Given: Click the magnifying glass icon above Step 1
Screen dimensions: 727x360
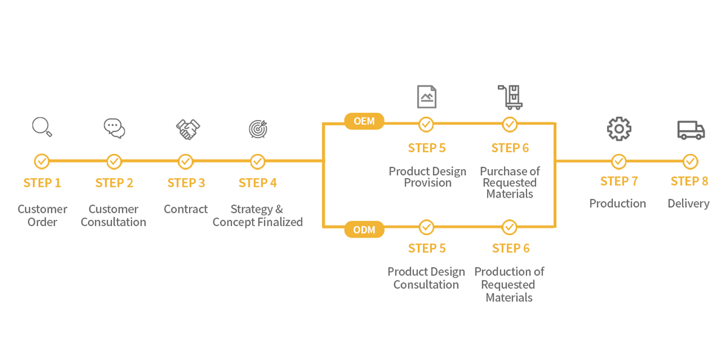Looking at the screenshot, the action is (x=42, y=127).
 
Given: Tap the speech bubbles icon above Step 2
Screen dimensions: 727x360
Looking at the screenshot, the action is (x=115, y=128).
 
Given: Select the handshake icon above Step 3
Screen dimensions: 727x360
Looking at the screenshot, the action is (x=188, y=129).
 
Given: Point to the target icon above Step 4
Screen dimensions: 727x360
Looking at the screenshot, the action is (x=258, y=129).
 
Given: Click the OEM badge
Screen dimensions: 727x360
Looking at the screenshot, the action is (x=364, y=121).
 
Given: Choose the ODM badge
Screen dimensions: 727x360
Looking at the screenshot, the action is (x=364, y=230).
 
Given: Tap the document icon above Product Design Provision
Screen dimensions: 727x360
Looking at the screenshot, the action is (x=427, y=96).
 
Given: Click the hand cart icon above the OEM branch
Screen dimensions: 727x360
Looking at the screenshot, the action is (x=510, y=97).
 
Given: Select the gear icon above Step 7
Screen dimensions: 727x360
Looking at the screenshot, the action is (x=619, y=129).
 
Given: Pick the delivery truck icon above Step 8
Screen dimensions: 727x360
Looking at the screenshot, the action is (x=691, y=130).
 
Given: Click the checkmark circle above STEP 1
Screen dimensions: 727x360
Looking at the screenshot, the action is (x=42, y=161).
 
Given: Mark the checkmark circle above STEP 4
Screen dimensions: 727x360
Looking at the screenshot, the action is (x=257, y=161).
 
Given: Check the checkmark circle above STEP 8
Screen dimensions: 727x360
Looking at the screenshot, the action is (x=690, y=161).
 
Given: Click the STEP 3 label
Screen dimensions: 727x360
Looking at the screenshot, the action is (x=187, y=183).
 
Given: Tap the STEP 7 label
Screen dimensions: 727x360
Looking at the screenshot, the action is (x=619, y=181).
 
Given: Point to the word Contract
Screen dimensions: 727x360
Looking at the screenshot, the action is (x=185, y=209).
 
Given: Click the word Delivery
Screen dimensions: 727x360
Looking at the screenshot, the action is (x=688, y=204).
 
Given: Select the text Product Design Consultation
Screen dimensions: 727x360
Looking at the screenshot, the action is (x=426, y=278).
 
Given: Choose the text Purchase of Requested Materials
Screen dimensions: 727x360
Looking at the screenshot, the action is (x=510, y=182).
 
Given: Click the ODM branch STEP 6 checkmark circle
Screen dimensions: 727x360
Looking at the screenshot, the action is (x=510, y=227).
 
